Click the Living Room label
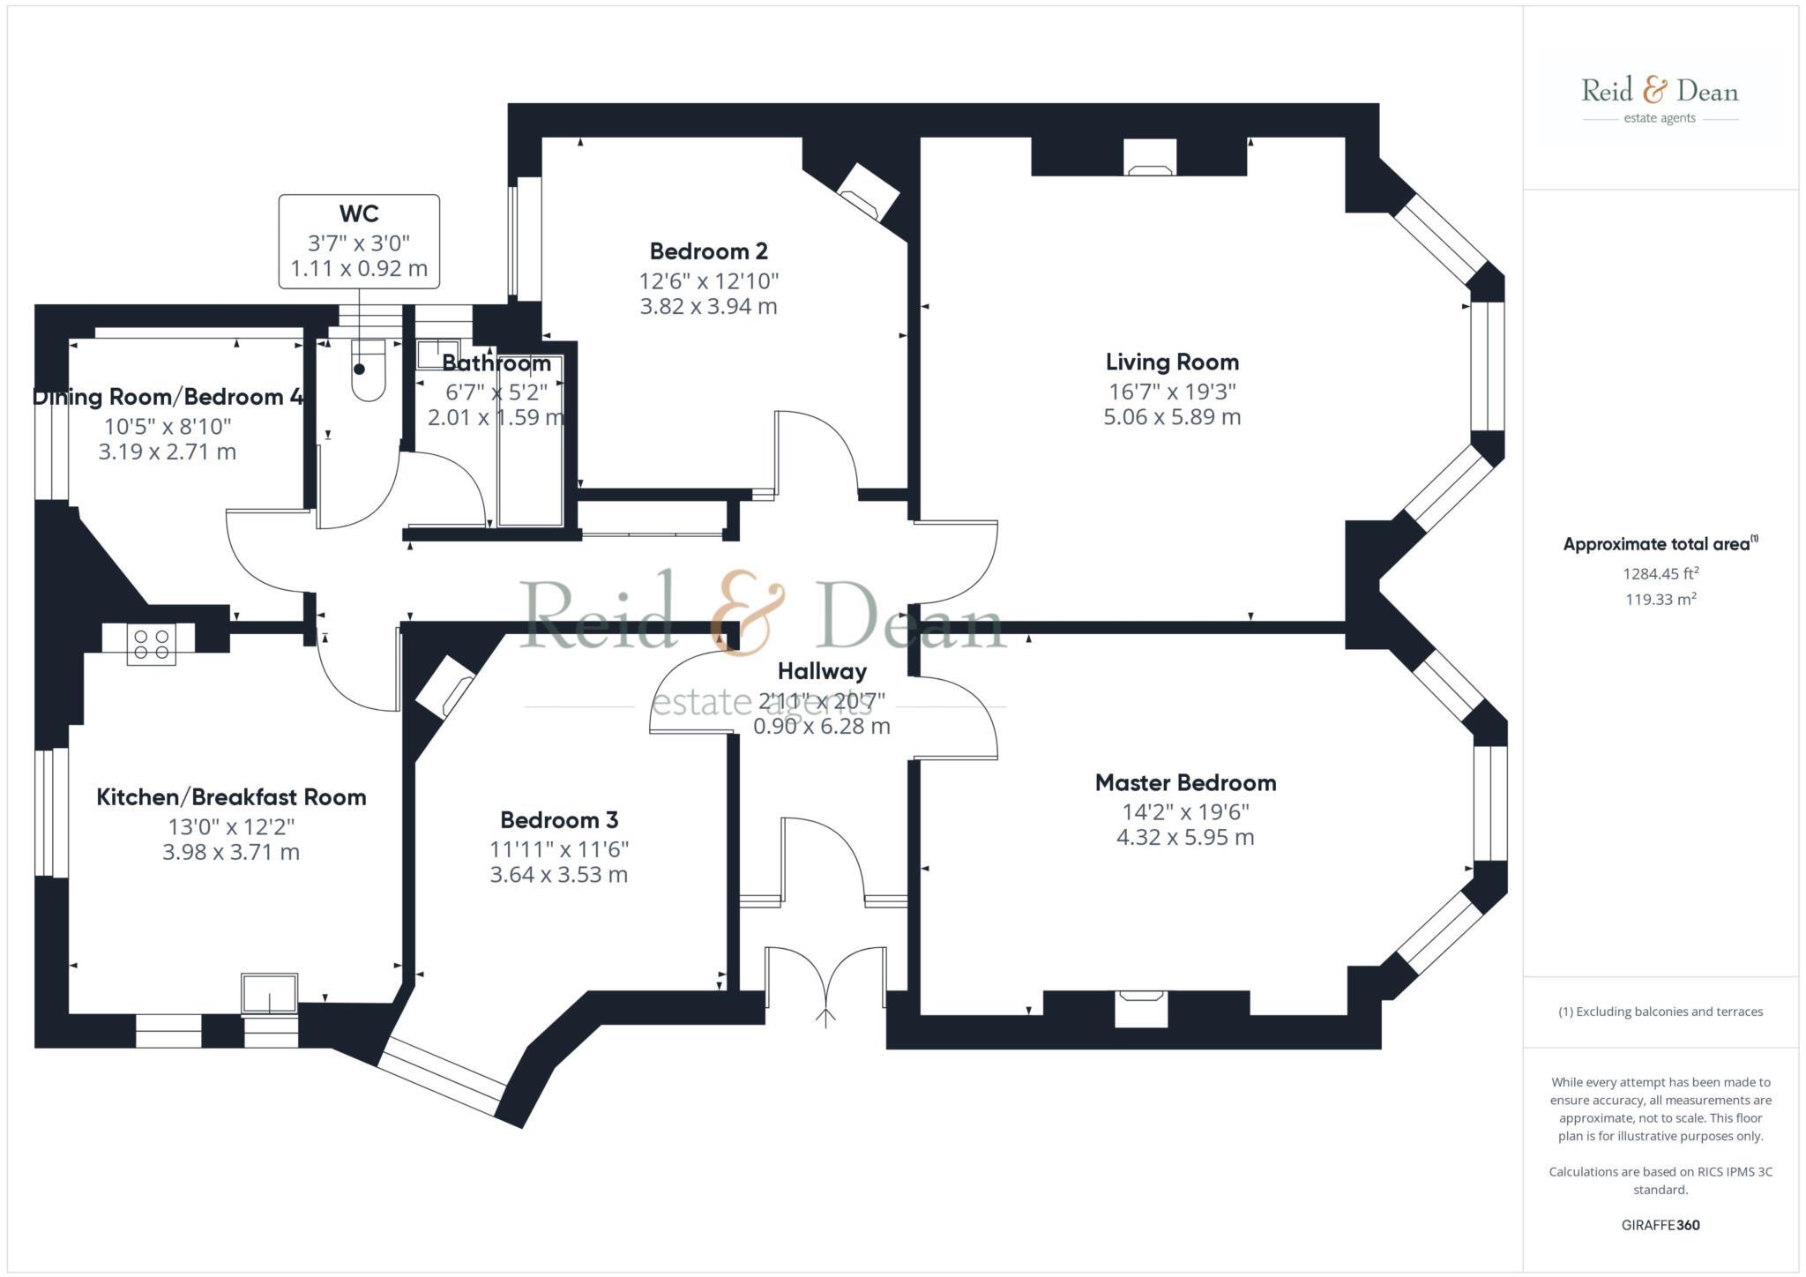(x=1172, y=362)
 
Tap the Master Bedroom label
(x=1185, y=782)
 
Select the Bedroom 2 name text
(x=708, y=251)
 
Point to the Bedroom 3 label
(x=559, y=820)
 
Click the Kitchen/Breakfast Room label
(x=231, y=797)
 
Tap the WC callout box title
(x=359, y=213)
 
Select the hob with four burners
(x=151, y=643)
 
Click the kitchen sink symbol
(x=270, y=994)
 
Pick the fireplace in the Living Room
(x=1149, y=158)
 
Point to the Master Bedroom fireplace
(x=1141, y=1007)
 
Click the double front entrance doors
(x=825, y=979)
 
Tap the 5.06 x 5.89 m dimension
(x=1172, y=417)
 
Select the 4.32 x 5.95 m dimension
(x=1185, y=838)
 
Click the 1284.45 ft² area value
(x=1660, y=574)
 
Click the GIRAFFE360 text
(x=1660, y=1225)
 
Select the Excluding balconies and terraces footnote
(x=1660, y=1012)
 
